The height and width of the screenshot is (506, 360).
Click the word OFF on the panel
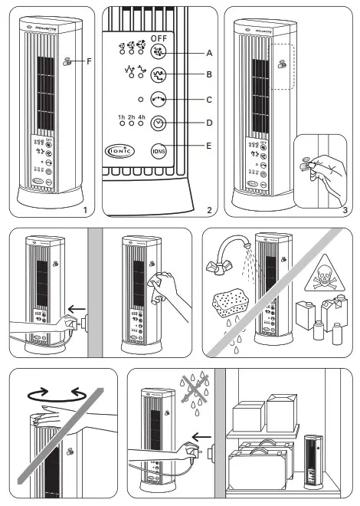coord(159,37)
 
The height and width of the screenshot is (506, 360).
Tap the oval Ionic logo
coord(118,151)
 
